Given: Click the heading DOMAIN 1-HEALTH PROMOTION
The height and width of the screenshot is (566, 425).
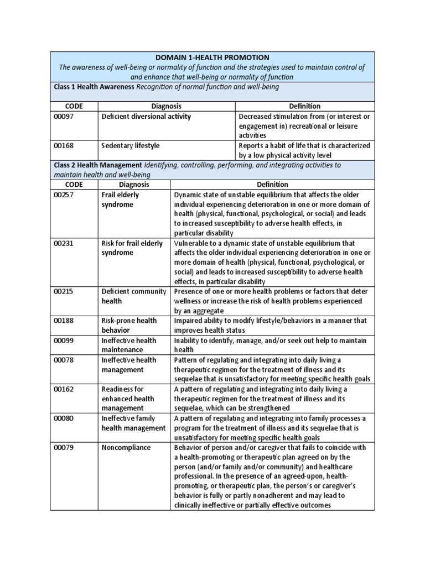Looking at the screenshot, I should (x=212, y=57).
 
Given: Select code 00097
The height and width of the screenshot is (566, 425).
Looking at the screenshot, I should (x=64, y=116).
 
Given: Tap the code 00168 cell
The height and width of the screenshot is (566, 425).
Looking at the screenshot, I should (x=64, y=145).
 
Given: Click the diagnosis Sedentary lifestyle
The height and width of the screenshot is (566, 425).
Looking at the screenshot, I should (x=131, y=145).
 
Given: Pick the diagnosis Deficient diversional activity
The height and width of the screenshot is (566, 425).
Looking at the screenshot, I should (x=146, y=116).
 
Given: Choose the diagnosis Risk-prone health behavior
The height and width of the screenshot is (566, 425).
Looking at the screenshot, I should (x=129, y=325).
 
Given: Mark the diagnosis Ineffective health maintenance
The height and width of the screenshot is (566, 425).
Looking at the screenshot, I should (x=129, y=345).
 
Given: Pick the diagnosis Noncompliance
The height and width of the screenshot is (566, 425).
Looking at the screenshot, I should (x=126, y=447).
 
